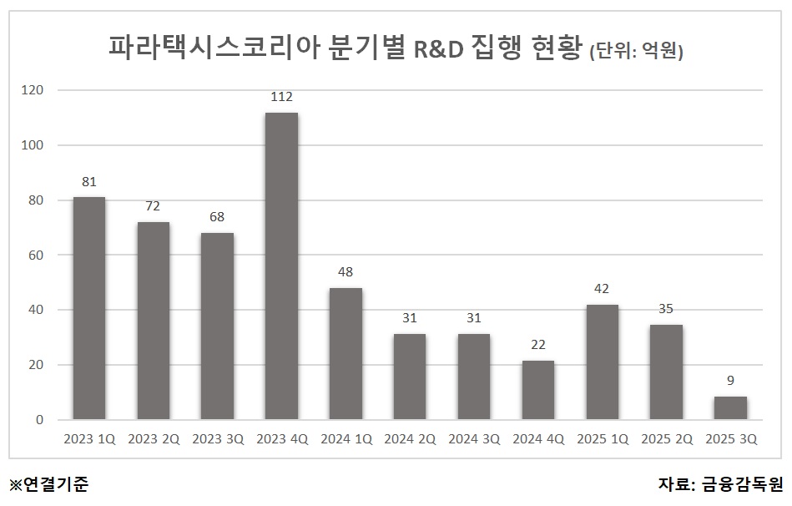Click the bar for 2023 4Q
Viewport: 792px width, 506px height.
(x=281, y=266)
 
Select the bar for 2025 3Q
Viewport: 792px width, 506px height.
(x=730, y=408)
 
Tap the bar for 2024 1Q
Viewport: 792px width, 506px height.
(x=346, y=354)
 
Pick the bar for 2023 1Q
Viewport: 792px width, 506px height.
(x=89, y=309)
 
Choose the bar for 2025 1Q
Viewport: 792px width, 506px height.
(x=602, y=362)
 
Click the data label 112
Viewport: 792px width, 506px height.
(x=281, y=98)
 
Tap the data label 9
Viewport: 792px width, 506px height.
(x=730, y=382)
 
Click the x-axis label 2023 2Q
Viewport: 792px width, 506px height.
(x=154, y=439)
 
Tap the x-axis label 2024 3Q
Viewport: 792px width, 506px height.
(x=473, y=439)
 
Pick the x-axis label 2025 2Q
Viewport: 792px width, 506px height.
(x=666, y=439)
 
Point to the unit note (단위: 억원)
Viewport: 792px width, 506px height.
(x=636, y=51)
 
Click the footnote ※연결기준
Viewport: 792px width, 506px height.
(x=48, y=483)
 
